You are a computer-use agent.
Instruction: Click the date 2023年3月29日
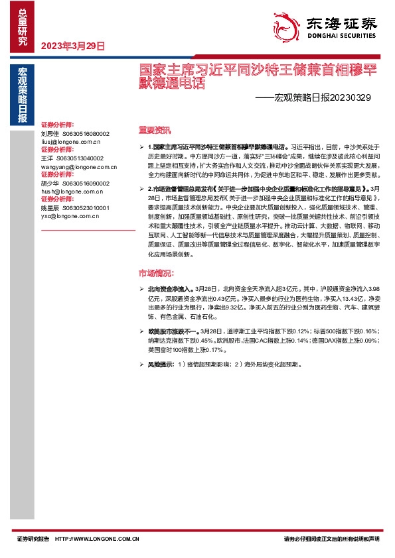[x=73, y=46]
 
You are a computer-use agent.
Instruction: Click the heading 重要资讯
[x=154, y=129]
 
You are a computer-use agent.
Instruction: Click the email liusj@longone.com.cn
[x=70, y=141]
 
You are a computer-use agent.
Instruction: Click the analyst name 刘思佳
[x=50, y=133]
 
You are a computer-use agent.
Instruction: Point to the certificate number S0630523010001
[x=84, y=207]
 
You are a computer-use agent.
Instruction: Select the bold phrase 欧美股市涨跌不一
[x=171, y=331]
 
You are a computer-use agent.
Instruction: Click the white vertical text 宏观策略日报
[x=23, y=96]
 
